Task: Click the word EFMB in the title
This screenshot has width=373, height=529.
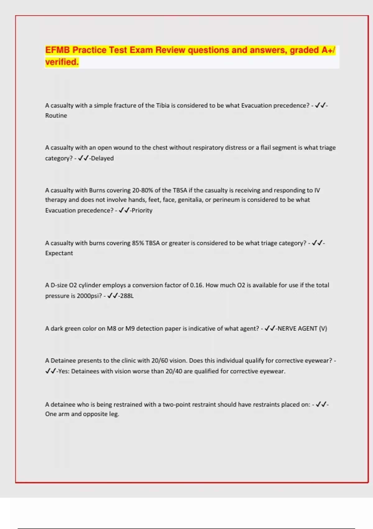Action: pyautogui.click(x=58, y=50)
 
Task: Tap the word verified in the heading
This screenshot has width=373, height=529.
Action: pyautogui.click(x=62, y=62)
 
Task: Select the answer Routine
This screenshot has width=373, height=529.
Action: pyautogui.click(x=56, y=115)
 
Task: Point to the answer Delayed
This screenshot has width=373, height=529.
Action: pyautogui.click(x=102, y=158)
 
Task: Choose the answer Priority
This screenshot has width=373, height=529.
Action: pyautogui.click(x=142, y=210)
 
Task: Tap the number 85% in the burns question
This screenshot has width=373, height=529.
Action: pyautogui.click(x=138, y=243)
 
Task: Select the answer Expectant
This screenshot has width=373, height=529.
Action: pyautogui.click(x=59, y=253)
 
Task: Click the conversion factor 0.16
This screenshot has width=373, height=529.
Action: pyautogui.click(x=196, y=285)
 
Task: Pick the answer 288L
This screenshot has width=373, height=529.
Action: pyautogui.click(x=127, y=296)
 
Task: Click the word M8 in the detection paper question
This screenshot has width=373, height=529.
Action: pyautogui.click(x=111, y=328)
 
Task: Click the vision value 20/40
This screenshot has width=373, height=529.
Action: pyautogui.click(x=174, y=371)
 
